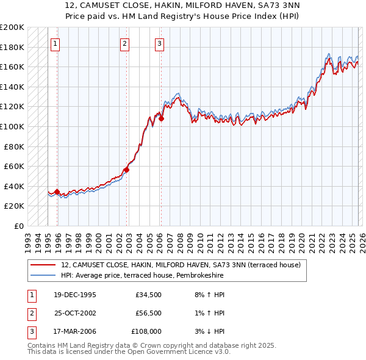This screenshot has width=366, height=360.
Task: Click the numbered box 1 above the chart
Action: click(56, 43)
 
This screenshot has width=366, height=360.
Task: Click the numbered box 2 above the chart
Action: click(124, 43)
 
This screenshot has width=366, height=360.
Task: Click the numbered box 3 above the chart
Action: click(159, 43)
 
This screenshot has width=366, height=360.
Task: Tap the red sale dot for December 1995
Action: click(57, 192)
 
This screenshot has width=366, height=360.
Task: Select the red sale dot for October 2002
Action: click(127, 170)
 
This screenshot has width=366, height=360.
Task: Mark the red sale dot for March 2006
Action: click(161, 119)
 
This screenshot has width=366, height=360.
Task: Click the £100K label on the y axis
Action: click(12, 126)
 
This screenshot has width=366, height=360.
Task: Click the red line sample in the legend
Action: click(43, 265)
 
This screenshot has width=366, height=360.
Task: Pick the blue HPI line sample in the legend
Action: click(43, 276)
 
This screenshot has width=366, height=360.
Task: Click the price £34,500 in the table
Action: click(148, 295)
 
